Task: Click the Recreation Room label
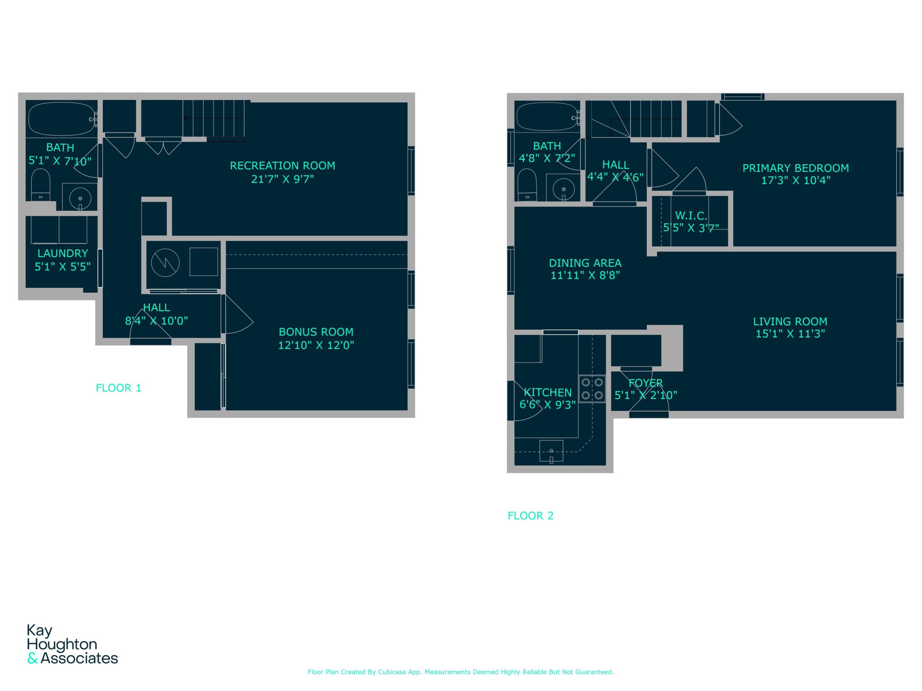tap(282, 166)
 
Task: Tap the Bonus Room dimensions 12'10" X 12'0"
tap(316, 345)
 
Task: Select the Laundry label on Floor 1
tap(63, 253)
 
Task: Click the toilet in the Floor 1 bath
tap(40, 184)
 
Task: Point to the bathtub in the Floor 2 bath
tap(547, 117)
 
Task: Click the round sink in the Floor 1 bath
tap(80, 199)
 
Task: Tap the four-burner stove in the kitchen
tap(592, 389)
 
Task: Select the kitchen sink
tap(551, 451)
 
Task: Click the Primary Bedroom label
tap(795, 168)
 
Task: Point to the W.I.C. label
tap(691, 216)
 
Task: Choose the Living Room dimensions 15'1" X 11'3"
tap(790, 334)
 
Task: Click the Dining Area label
tap(585, 263)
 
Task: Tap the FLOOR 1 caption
tap(118, 388)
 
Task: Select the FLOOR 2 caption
tap(530, 516)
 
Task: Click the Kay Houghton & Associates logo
tap(72, 644)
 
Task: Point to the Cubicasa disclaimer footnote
tap(461, 672)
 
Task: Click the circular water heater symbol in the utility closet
tap(165, 263)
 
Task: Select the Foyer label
tap(645, 383)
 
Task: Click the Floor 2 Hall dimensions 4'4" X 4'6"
tap(615, 177)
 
